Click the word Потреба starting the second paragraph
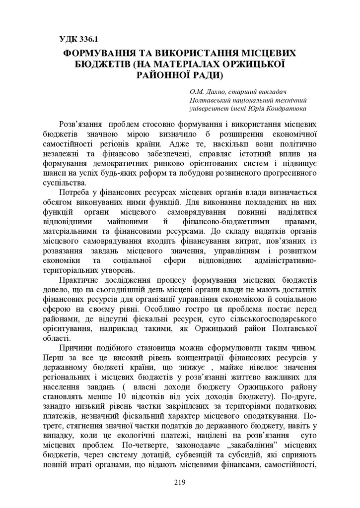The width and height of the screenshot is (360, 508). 75,192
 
